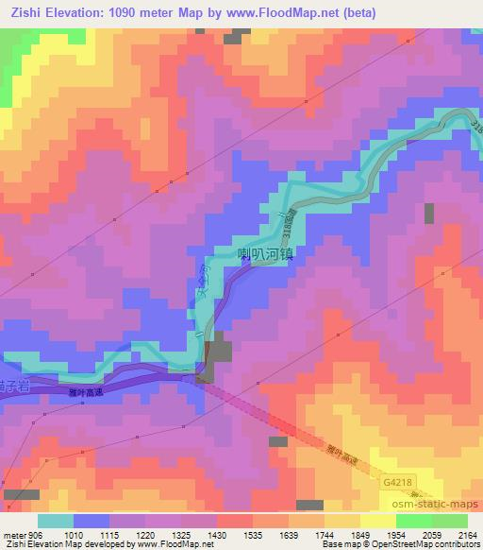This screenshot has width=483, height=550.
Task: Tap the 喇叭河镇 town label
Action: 268,254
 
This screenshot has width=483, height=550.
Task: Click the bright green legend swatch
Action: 450,521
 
